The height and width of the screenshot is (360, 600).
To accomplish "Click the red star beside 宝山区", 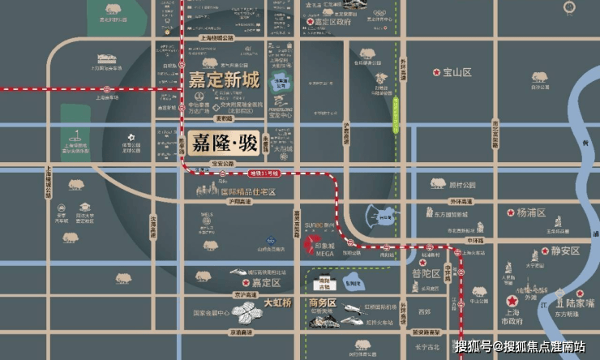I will (437, 72).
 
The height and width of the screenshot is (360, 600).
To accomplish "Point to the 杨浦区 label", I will (532, 212).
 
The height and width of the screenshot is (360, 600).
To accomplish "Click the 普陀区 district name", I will (426, 273).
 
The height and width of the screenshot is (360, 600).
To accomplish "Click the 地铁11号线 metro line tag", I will (264, 174).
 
